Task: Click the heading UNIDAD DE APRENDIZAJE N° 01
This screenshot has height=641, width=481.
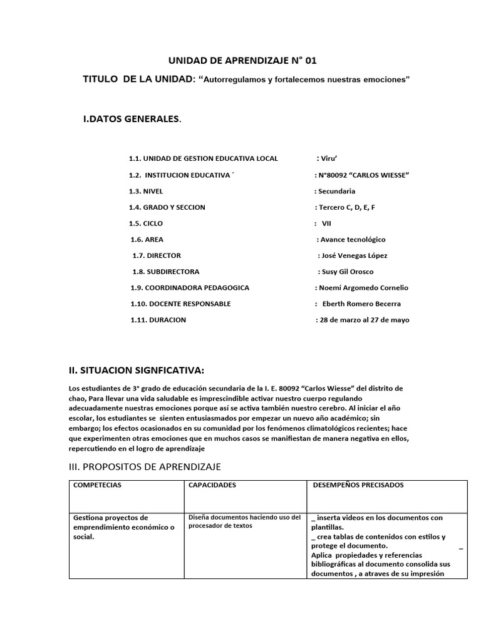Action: coord(243,61)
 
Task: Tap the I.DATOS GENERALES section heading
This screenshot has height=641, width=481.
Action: coord(132,119)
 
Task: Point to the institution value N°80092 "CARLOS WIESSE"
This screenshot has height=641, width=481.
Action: coord(363,175)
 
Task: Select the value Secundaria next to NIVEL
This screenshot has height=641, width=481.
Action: coord(336,191)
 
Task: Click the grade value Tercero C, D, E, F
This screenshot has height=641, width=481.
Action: coord(346,207)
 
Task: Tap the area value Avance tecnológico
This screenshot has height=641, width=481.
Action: coord(352,239)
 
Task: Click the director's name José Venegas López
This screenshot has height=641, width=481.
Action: coord(354,255)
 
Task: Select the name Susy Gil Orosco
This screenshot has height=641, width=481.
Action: coord(347,272)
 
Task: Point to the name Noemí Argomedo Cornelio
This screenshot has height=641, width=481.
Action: coord(362,288)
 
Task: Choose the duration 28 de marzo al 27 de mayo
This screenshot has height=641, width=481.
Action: coord(363,320)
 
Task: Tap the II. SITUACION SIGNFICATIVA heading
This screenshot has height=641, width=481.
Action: coord(137,370)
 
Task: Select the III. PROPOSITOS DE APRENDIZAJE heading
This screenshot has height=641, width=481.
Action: coord(145,467)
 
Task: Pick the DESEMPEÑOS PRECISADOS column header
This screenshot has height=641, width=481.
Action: coord(358,485)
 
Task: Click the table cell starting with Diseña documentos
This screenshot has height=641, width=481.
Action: coord(244,521)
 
